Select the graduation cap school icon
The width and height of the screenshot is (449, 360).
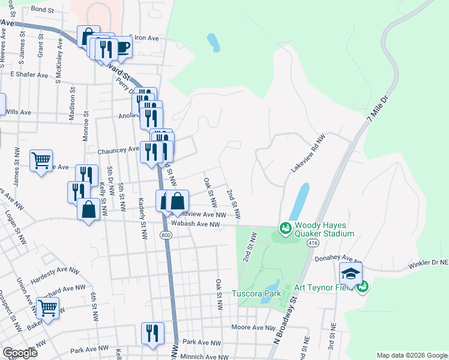coord(351,274)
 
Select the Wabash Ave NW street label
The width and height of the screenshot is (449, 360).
coord(199,224)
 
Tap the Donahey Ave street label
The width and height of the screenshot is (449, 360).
coord(338,259)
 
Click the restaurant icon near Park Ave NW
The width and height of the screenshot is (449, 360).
coord(152,333)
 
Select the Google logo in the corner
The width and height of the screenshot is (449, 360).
coord(20,353)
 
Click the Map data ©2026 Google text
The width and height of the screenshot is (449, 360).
coord(411,355)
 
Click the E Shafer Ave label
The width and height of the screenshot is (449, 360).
coord(29,75)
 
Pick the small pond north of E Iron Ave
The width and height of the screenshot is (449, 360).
coord(213,43)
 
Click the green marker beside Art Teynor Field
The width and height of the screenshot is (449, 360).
coord(361,287)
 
